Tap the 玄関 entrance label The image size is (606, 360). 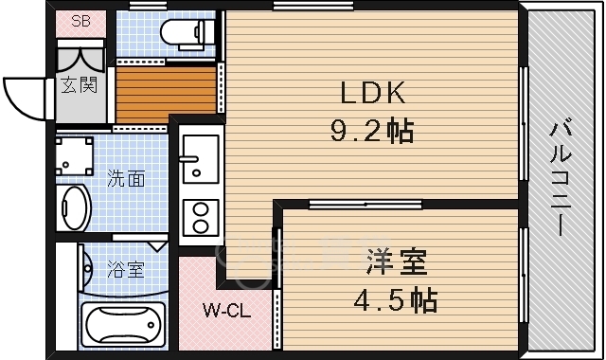click(x=80, y=85)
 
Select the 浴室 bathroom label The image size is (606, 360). click(x=125, y=270)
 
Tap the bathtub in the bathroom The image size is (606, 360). click(x=123, y=327)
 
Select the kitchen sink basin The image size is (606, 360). click(x=200, y=157)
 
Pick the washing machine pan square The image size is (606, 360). click(x=75, y=153)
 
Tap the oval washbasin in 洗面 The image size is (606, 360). click(x=74, y=206)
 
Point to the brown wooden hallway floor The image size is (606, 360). click(x=166, y=92)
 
